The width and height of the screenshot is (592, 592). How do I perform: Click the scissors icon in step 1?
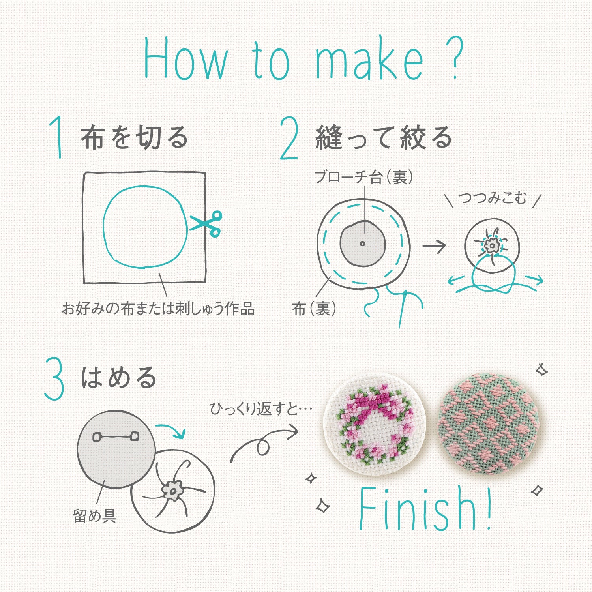click(x=206, y=224)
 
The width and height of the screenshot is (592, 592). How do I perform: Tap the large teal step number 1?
click(x=57, y=137)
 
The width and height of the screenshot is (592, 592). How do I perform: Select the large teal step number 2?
click(x=289, y=138)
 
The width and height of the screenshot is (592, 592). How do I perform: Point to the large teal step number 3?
click(x=54, y=378)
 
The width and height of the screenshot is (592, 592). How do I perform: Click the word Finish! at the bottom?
click(x=425, y=509)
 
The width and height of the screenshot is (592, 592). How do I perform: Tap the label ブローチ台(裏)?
click(x=363, y=177)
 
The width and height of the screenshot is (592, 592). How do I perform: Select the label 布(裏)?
click(x=315, y=308)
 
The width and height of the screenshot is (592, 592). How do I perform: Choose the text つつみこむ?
click(x=493, y=198)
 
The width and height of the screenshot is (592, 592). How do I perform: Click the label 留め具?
click(x=95, y=515)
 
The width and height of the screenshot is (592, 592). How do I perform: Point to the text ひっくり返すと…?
click(x=261, y=409)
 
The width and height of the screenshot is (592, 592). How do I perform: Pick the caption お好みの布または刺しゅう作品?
click(x=158, y=308)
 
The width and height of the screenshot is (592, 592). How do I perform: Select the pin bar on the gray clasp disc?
click(x=116, y=437)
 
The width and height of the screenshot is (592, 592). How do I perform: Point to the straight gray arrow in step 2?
click(x=434, y=246)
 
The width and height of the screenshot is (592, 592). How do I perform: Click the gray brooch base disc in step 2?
click(x=363, y=243)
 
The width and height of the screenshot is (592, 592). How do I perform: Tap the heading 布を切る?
click(x=135, y=138)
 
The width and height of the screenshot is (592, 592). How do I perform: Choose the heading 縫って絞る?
click(x=384, y=138)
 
